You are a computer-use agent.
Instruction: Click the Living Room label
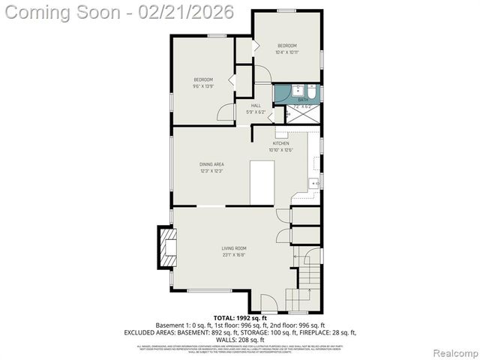click(233, 248)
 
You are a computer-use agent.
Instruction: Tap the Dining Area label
click(211, 164)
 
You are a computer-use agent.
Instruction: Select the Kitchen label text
click(280, 143)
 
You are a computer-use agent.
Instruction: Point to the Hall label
click(256, 106)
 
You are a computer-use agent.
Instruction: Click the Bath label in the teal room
click(303, 100)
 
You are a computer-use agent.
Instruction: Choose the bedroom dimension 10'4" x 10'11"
click(286, 52)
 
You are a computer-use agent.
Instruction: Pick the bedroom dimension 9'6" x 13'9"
click(203, 86)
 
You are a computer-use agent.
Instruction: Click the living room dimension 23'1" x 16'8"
click(233, 255)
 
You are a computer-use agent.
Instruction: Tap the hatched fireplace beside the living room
click(164, 247)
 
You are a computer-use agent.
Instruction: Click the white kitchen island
click(261, 181)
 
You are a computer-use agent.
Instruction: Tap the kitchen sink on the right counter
click(316, 183)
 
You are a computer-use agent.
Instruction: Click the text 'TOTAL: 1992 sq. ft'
click(239, 318)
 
